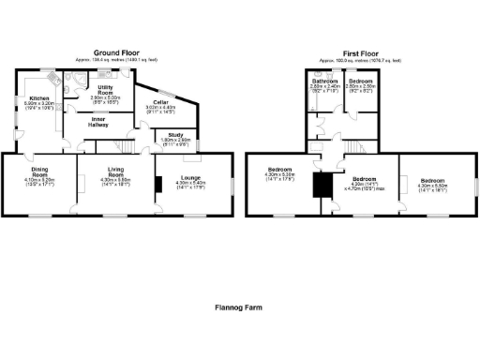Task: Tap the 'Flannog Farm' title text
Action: click(x=240, y=306)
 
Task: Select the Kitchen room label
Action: click(x=38, y=97)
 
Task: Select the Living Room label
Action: click(x=114, y=173)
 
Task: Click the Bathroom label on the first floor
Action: click(x=325, y=82)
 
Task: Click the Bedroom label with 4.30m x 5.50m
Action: click(x=432, y=179)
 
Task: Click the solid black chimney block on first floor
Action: click(x=324, y=186)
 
